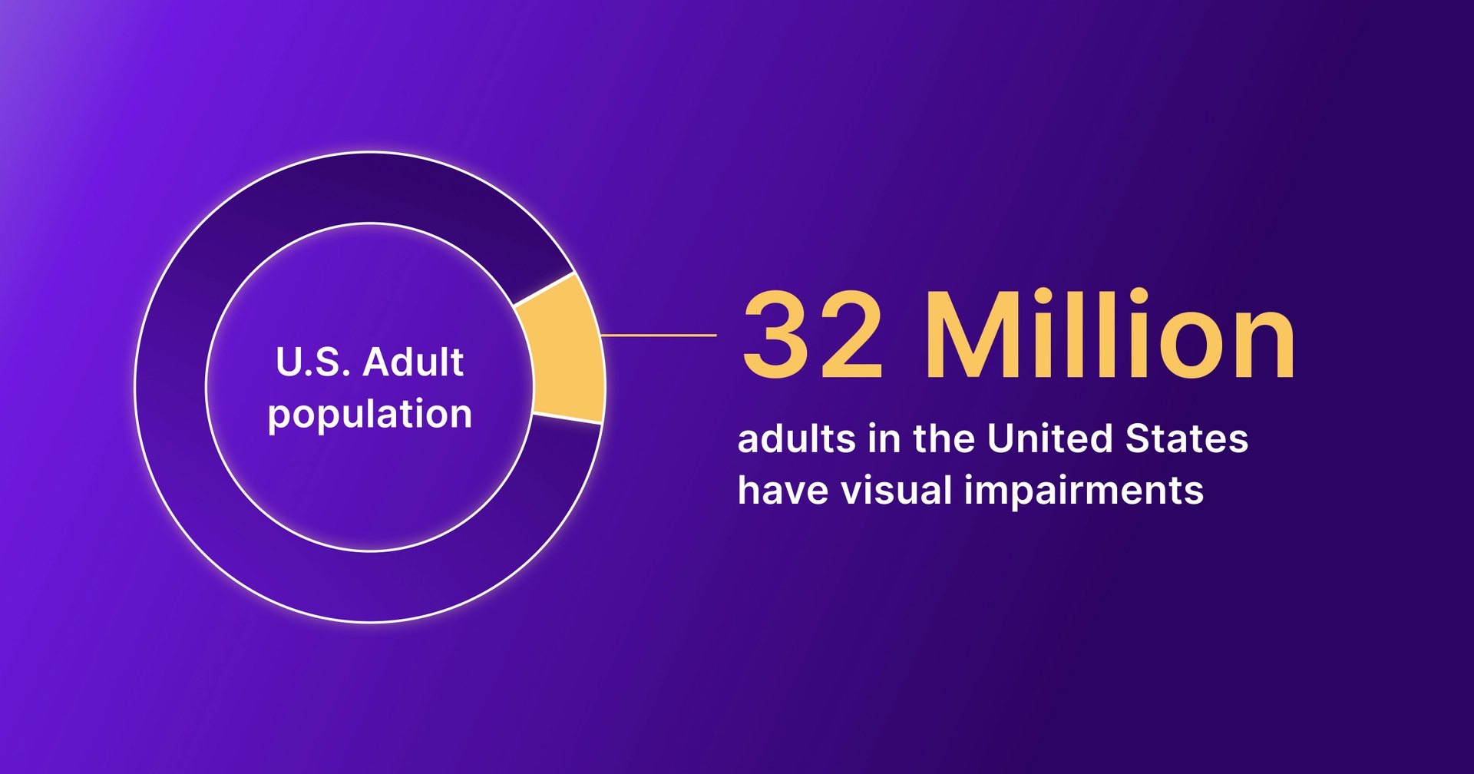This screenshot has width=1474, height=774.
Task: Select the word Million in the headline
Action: pos(1110,336)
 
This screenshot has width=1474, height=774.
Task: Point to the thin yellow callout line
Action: pos(658,336)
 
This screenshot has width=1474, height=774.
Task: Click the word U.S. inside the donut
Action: pos(312,362)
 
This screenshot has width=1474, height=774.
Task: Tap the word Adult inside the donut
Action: pos(413,362)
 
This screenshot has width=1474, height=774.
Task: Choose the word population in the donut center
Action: pos(369,415)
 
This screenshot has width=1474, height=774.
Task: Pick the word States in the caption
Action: pos(1186,439)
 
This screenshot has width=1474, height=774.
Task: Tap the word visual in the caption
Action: pos(897,490)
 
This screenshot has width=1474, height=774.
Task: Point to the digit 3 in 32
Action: pos(775,336)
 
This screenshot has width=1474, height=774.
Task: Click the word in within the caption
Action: pos(884,439)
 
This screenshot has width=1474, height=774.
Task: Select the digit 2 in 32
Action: pos(851,336)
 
